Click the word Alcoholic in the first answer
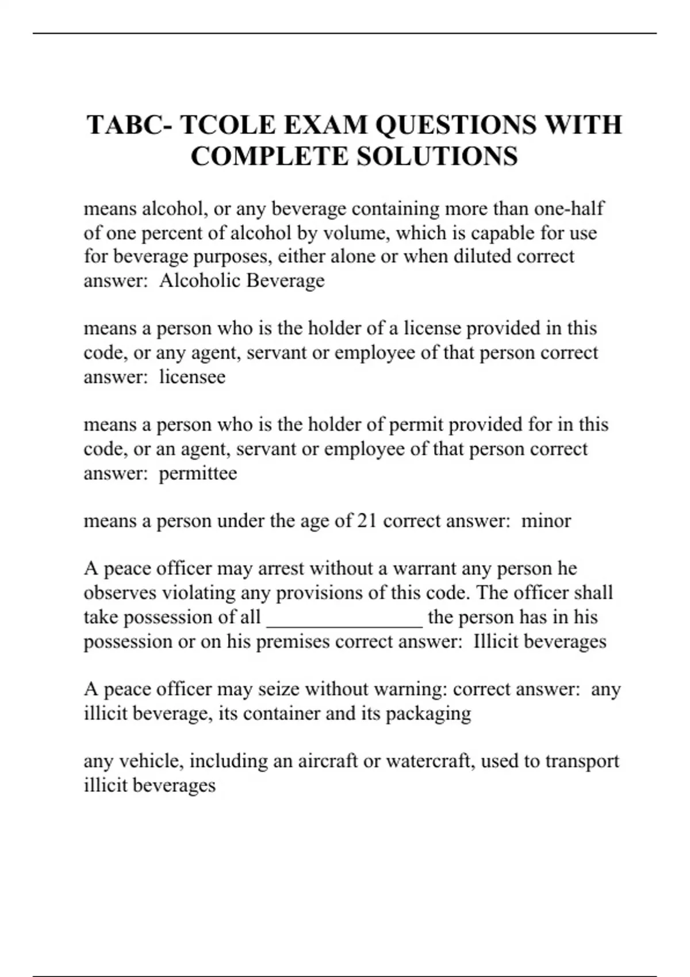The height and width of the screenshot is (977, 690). [x=201, y=280]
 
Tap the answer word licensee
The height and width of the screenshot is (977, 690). [x=192, y=377]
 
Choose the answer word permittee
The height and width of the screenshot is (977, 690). [x=198, y=474]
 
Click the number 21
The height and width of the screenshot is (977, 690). [x=367, y=521]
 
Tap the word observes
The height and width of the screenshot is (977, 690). [x=120, y=593]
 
